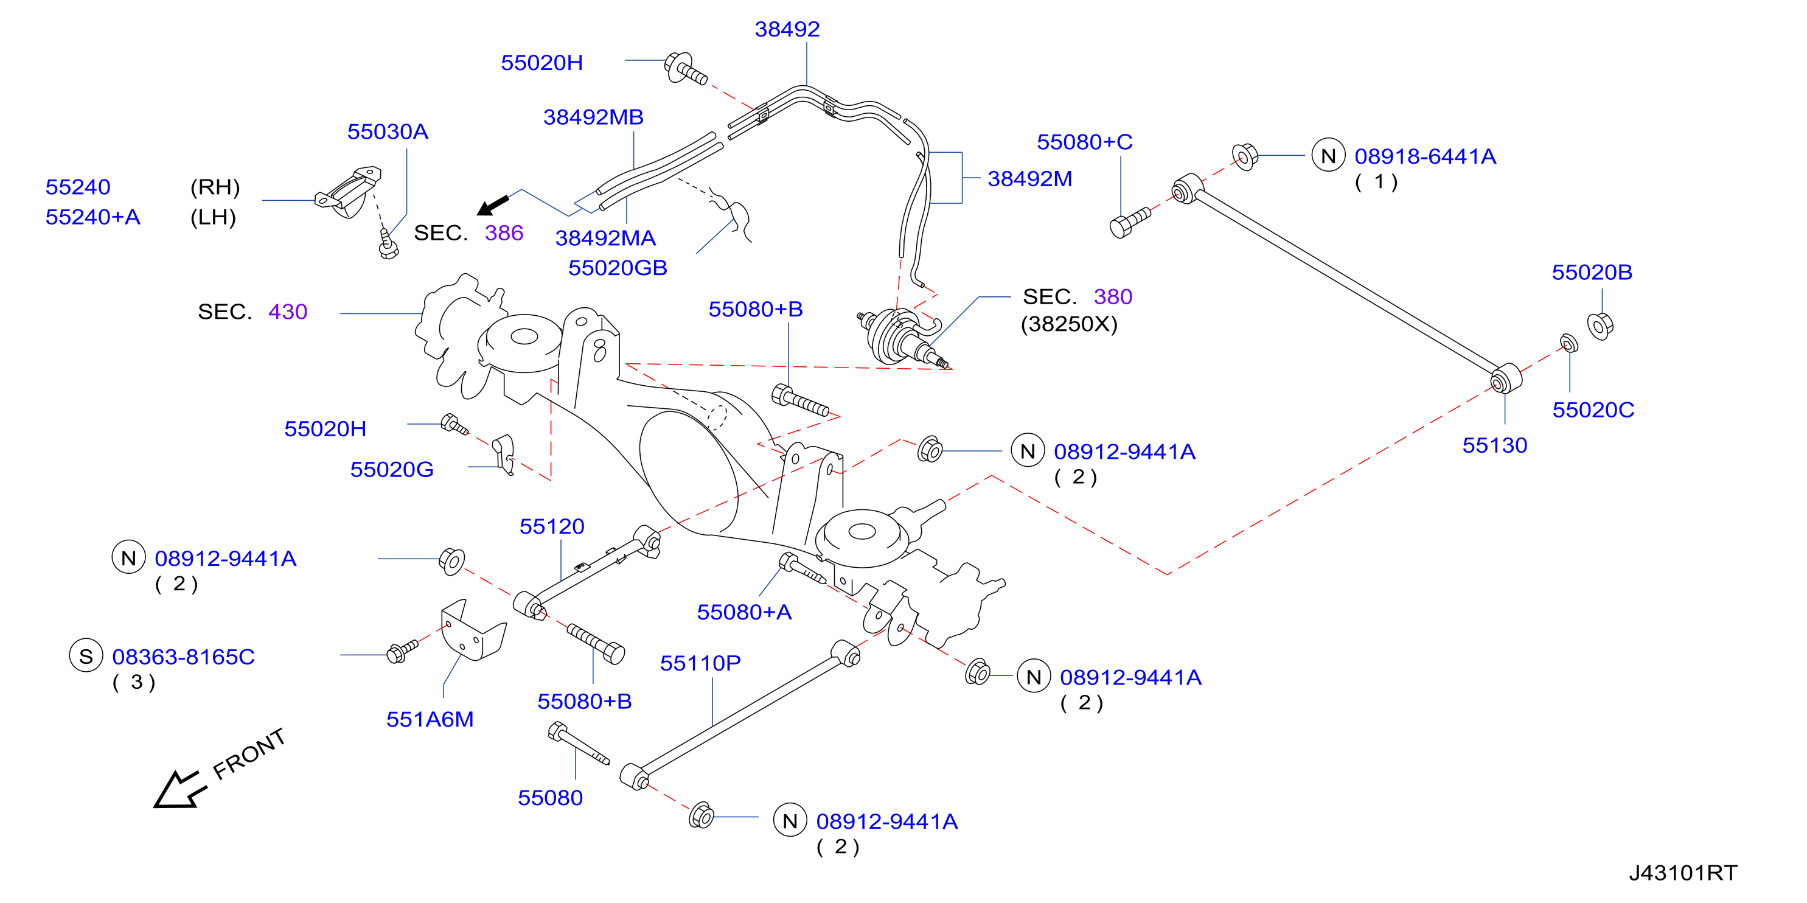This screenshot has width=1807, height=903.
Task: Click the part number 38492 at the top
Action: pos(787,29)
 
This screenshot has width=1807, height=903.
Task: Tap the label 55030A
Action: pos(388,132)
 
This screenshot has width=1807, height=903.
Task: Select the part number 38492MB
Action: pos(593,117)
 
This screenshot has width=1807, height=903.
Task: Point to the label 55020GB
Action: pos(618,268)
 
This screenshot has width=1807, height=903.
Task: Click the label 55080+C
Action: pos(1084,142)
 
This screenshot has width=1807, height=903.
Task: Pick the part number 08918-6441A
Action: pos(1426,156)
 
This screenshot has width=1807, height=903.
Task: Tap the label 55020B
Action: pos(1592,272)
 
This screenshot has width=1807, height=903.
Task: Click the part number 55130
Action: pos(1495,445)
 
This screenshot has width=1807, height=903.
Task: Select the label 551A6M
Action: pos(430,720)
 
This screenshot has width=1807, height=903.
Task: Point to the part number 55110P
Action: pos(701,664)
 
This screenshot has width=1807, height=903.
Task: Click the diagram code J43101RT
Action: pos(1683,873)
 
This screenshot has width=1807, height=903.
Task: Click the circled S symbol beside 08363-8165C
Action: pos(86,656)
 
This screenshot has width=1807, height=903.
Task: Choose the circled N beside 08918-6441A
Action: pos(1329,156)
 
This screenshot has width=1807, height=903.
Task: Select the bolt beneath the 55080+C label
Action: pos(1130,223)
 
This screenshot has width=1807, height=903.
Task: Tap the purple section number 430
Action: pos(288,312)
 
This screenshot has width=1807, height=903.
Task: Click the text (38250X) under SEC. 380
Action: pos(1069,324)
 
